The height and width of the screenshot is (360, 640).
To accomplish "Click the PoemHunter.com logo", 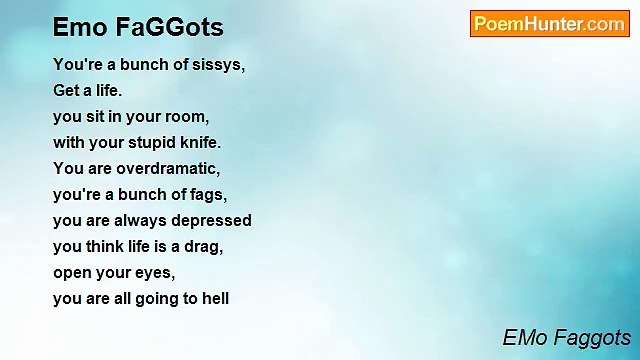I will coord(549,24).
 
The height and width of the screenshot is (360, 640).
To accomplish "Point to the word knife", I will coord(199,142).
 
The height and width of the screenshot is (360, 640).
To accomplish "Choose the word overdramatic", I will coord(168,168).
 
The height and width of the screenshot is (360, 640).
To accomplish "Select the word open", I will coord(72,272).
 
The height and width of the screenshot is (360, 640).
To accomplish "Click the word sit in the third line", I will coord(95,116).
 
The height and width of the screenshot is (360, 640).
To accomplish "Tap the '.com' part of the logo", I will coord(605,24).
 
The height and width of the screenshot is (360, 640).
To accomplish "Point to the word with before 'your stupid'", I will coord(69,142).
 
